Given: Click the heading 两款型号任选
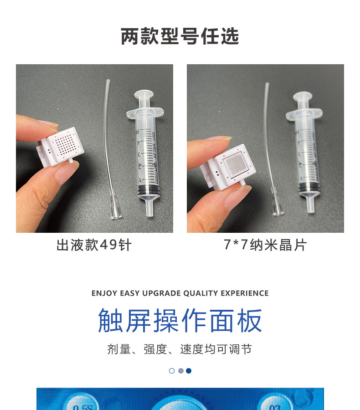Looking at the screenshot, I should click(x=180, y=36).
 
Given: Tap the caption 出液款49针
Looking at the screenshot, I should click(x=94, y=245).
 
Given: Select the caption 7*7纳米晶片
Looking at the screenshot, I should click(x=265, y=245).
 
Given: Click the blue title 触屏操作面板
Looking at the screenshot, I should click(x=180, y=321).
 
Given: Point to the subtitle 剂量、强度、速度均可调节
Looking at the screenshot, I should click(x=180, y=349).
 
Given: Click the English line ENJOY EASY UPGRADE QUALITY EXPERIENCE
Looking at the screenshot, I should click(x=180, y=293).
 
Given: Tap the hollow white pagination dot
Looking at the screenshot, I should click(x=172, y=371).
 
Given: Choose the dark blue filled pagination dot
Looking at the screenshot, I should click(x=189, y=371).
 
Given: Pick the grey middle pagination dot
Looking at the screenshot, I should click(x=180, y=371).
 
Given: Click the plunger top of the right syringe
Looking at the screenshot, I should click(x=302, y=96).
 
